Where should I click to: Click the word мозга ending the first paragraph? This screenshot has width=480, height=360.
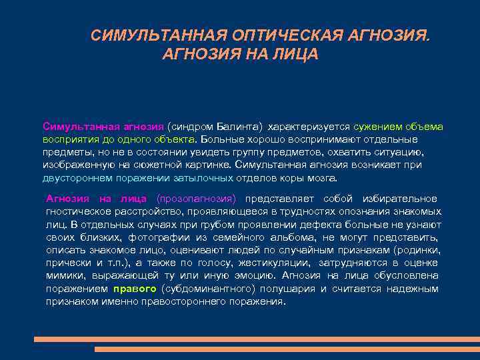(323, 179)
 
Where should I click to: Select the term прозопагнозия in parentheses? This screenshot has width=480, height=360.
(196, 199)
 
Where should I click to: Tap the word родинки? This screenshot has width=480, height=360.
(419, 250)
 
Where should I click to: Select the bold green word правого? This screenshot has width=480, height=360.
(135, 289)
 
